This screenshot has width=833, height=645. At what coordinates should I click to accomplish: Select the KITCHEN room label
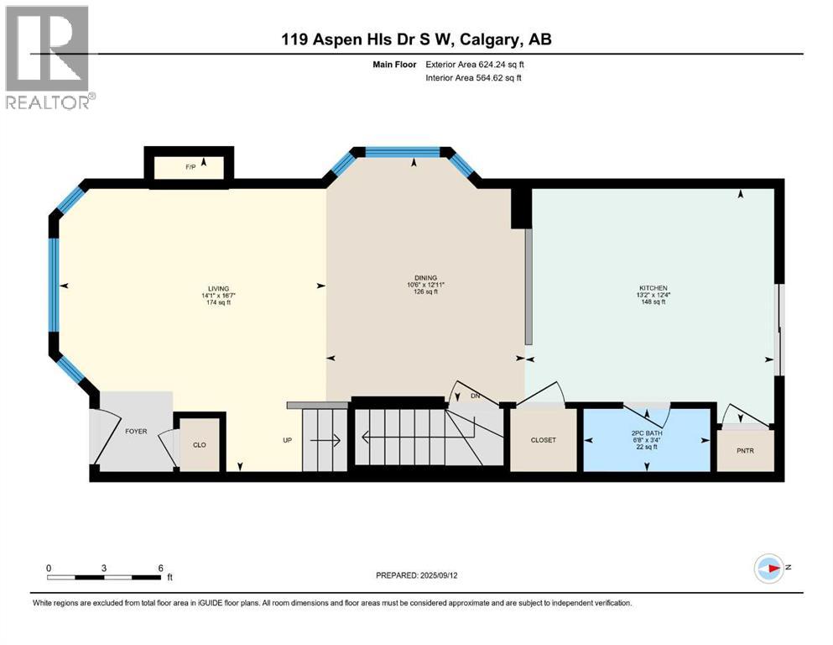[x=653, y=287]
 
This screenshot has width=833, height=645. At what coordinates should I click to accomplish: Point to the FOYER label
[x=136, y=431]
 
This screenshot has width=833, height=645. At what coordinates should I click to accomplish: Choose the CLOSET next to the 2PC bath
[x=543, y=440]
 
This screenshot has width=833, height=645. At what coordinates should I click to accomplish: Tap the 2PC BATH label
[x=647, y=433]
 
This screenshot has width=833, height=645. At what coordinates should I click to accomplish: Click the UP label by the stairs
[x=288, y=439]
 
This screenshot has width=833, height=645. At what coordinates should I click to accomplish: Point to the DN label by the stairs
[x=476, y=396]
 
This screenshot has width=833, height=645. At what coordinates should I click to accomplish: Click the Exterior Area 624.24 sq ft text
[x=477, y=64]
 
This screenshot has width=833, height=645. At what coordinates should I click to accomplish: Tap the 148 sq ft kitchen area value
[x=653, y=302]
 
